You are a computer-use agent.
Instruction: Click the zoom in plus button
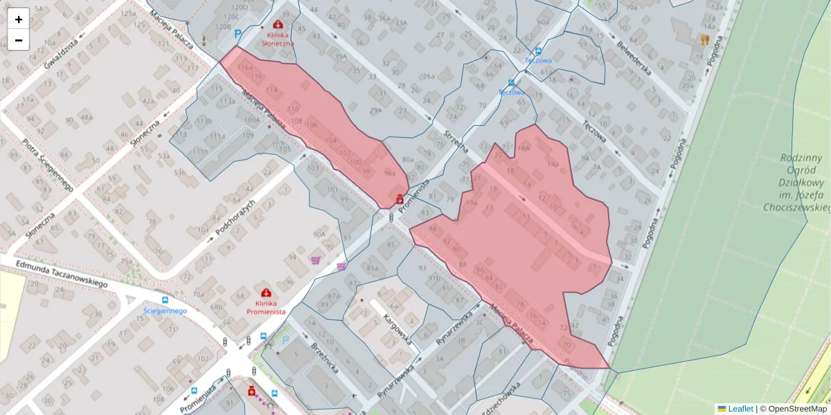tap(19, 19)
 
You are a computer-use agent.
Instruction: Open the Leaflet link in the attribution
tap(740, 409)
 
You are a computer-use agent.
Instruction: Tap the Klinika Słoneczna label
tap(277, 38)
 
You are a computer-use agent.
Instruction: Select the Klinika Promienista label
tap(266, 308)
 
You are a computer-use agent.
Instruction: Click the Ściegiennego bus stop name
tap(166, 311)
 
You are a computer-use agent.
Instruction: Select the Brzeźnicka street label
tap(323, 358)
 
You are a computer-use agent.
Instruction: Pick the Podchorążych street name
tap(235, 217)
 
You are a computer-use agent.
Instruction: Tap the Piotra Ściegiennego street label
tap(47, 166)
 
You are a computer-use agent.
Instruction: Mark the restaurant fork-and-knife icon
tap(705, 39)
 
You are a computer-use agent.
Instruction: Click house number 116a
tap(244, 68)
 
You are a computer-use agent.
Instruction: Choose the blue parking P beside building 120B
tap(239, 34)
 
